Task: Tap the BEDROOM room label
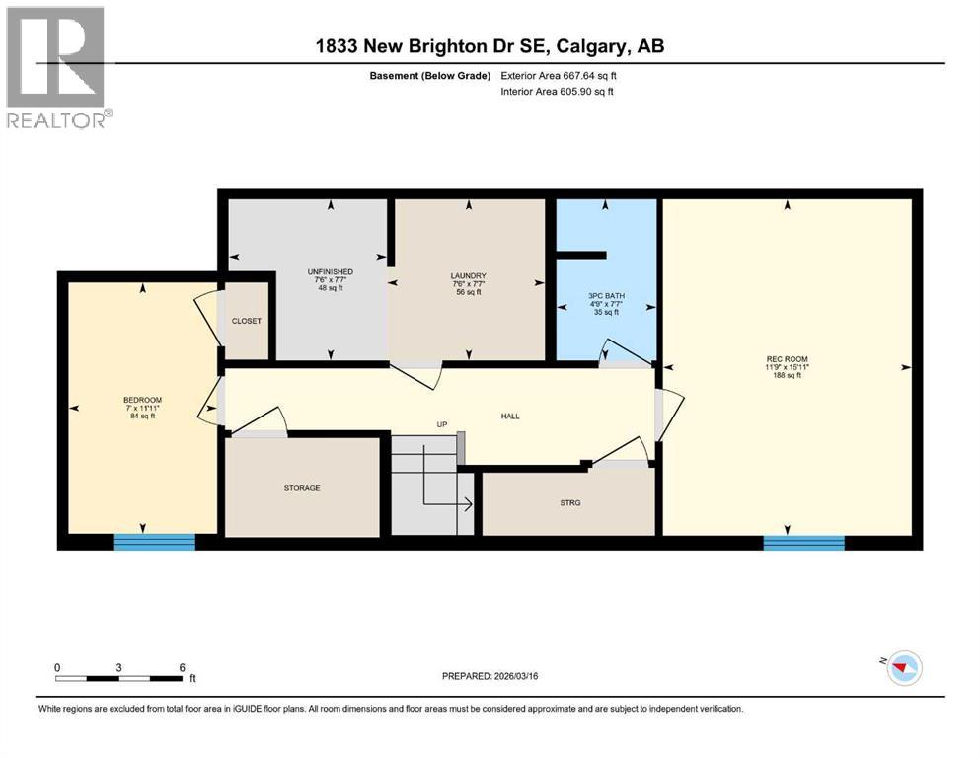click(142, 400)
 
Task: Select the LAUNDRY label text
click(469, 276)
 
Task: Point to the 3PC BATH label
click(603, 295)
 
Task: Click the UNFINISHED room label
click(330, 271)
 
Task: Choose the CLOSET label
click(247, 321)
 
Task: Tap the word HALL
click(509, 416)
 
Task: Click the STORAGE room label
click(302, 488)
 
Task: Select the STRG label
click(569, 503)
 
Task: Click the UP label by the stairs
click(443, 425)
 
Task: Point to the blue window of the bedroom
click(154, 542)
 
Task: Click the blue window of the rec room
click(803, 543)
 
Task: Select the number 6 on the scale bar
click(182, 667)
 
